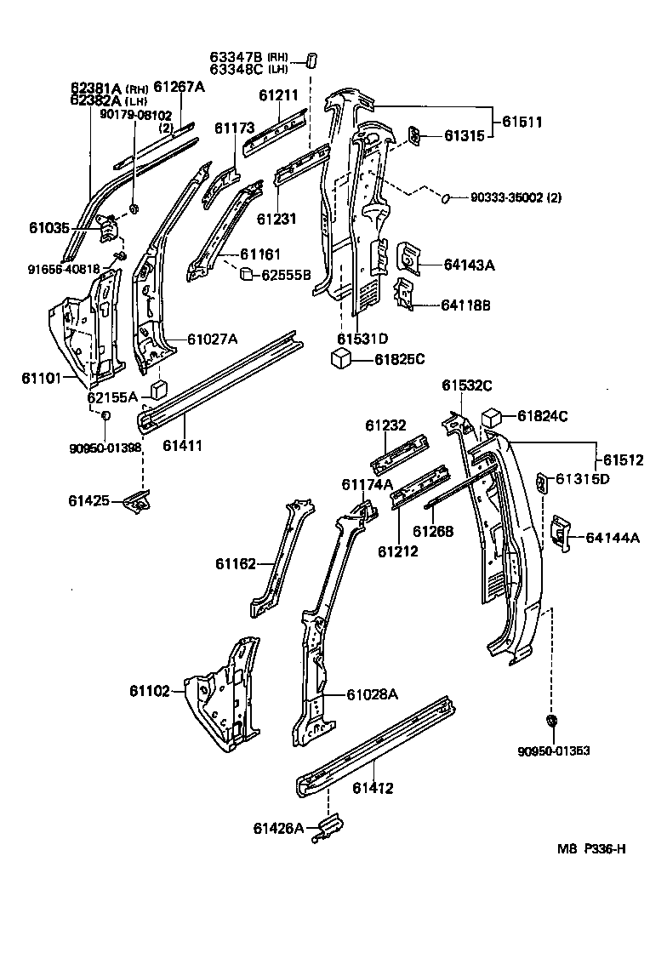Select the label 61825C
click(399, 359)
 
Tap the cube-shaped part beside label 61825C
click(342, 359)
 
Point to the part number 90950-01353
click(554, 750)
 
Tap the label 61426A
click(277, 828)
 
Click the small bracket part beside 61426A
click(328, 826)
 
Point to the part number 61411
click(182, 445)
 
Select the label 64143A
click(469, 265)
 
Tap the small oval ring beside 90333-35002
click(444, 198)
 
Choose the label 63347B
click(237, 57)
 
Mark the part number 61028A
click(372, 694)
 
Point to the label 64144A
click(612, 537)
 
